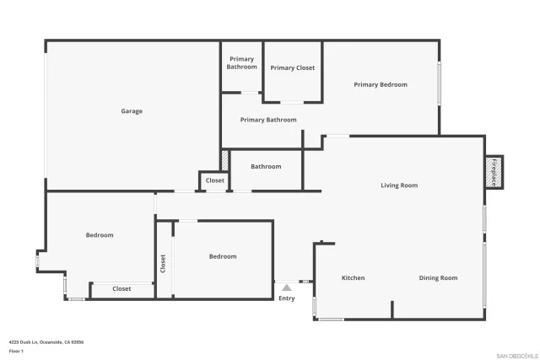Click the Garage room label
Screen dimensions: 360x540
click(x=131, y=111)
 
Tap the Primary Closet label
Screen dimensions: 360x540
click(x=293, y=68)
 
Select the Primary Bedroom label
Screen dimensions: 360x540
click(x=380, y=84)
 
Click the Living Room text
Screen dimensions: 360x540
click(x=399, y=185)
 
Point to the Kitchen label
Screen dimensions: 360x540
click(x=353, y=277)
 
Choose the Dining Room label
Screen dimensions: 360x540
click(x=438, y=277)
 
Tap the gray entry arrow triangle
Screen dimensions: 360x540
click(x=287, y=287)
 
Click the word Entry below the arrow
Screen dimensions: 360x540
click(x=287, y=298)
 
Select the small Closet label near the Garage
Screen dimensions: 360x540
click(x=215, y=180)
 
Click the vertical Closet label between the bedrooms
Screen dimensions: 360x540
click(x=163, y=263)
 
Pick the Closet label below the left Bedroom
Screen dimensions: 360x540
click(x=121, y=289)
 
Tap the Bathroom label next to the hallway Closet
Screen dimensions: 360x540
click(x=266, y=166)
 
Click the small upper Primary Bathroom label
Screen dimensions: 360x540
click(x=241, y=62)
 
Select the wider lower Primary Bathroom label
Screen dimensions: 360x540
click(x=268, y=120)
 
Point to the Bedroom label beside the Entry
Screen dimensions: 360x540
click(x=223, y=256)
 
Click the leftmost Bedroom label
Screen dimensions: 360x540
click(x=100, y=235)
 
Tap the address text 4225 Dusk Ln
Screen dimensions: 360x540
click(x=46, y=341)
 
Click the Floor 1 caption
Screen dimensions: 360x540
click(x=16, y=351)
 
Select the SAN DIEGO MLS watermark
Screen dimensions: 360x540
click(x=516, y=355)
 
